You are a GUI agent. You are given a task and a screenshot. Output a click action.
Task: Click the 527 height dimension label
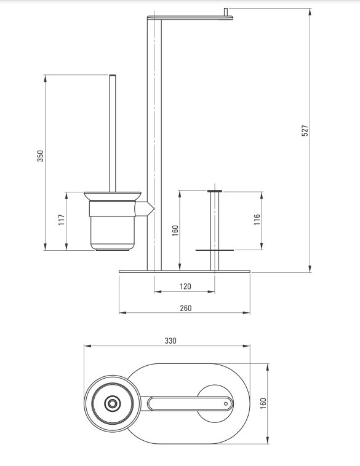305,130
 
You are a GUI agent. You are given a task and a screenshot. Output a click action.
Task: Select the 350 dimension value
40,156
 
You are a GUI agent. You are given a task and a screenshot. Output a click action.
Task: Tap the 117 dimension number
62,219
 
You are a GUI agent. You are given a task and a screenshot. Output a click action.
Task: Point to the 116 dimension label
257,219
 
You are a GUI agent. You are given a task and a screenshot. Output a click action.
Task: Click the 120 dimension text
185,286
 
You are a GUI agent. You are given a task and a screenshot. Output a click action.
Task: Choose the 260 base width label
186,308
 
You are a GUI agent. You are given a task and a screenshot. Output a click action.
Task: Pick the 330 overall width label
170,341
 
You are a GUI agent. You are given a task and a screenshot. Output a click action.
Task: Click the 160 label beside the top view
263,403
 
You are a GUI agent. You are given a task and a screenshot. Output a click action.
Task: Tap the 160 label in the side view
175,231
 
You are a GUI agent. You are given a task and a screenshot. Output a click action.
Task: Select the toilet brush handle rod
112,133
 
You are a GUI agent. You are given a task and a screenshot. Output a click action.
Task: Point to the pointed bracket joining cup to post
144,208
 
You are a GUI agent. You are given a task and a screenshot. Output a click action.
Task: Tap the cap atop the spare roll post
215,191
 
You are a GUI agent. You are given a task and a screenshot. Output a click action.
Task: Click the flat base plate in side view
185,271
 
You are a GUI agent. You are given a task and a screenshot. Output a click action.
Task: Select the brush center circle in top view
112,403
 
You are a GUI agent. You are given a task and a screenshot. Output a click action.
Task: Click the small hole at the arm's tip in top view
225,403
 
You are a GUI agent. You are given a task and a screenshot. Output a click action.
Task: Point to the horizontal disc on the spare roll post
215,250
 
